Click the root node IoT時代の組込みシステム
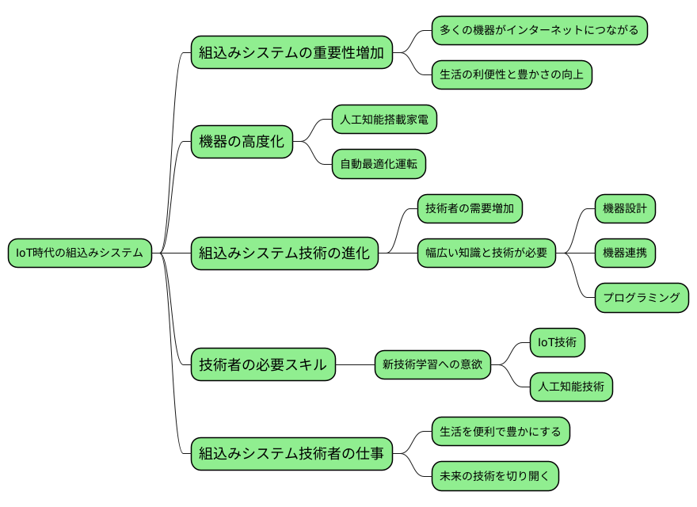point(79,253)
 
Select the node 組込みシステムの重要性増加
point(291,53)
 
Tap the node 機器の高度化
point(242,143)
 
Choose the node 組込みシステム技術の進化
point(284,253)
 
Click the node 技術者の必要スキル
point(262,365)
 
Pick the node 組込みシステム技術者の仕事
point(291,454)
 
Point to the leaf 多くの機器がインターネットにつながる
point(539,30)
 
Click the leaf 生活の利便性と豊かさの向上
point(511,75)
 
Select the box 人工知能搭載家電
point(384,120)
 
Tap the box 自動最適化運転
point(378,165)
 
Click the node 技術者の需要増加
point(469,209)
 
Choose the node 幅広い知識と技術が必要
point(486,253)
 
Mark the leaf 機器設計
point(625,209)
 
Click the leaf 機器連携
point(625,253)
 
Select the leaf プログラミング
point(641,298)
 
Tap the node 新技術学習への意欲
point(432,365)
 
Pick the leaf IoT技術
point(557,342)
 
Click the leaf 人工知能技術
point(570,387)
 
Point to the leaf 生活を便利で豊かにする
point(500,432)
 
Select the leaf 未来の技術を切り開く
point(495,476)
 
